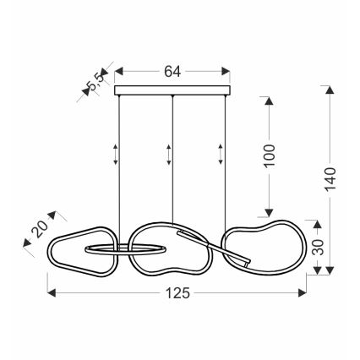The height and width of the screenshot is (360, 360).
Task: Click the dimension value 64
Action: click(x=172, y=72)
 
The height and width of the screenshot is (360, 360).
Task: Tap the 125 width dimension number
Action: click(x=177, y=293)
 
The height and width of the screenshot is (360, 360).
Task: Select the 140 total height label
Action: click(x=331, y=179)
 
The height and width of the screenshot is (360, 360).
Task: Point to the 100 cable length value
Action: click(x=270, y=155)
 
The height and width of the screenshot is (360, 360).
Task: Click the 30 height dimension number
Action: click(x=319, y=247)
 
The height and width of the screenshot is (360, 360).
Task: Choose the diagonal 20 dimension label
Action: click(x=40, y=228)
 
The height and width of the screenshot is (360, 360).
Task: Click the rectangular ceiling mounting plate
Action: click(x=172, y=90)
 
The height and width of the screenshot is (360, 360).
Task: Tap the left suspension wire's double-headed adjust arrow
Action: click(x=116, y=155)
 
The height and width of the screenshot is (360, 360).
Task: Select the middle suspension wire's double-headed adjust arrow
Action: click(x=168, y=155)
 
